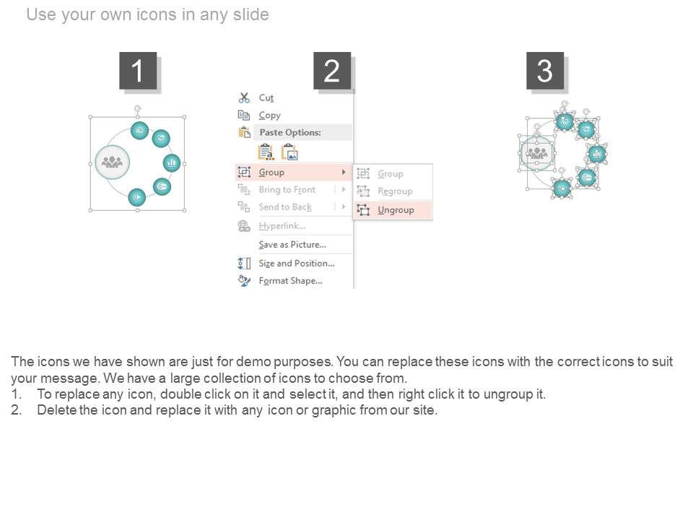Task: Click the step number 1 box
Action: point(138,71)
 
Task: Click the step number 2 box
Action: point(332,71)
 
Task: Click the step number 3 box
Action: point(545,71)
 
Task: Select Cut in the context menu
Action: point(266,97)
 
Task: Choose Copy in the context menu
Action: point(269,116)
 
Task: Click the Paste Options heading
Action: point(290,132)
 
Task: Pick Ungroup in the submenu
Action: point(396,210)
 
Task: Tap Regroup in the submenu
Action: point(395,191)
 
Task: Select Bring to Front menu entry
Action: point(287,190)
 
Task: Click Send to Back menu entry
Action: point(285,207)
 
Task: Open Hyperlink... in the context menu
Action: point(282,226)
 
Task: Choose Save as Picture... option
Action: point(292,245)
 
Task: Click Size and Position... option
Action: point(297,263)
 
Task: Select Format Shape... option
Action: point(290,281)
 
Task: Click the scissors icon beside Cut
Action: point(244,97)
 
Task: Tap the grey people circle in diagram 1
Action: point(113,162)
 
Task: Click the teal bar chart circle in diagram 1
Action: point(172,162)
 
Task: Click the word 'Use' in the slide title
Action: point(41,14)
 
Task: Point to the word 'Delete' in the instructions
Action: point(56,410)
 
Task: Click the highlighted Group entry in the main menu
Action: point(271,172)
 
